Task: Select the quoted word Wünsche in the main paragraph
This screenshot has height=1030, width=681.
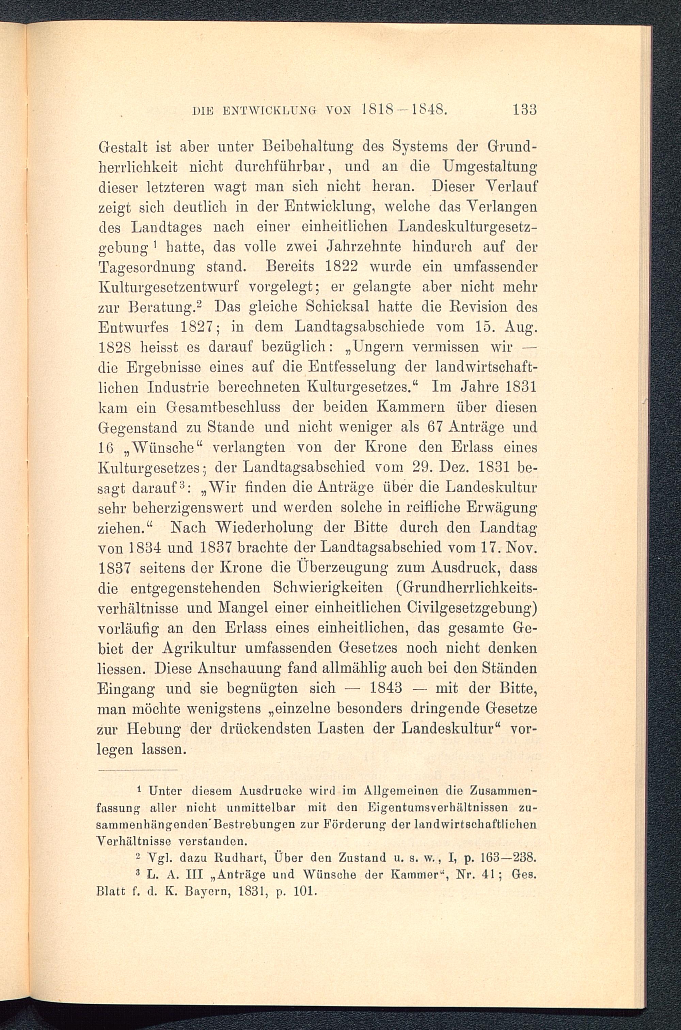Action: [x=164, y=448]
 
